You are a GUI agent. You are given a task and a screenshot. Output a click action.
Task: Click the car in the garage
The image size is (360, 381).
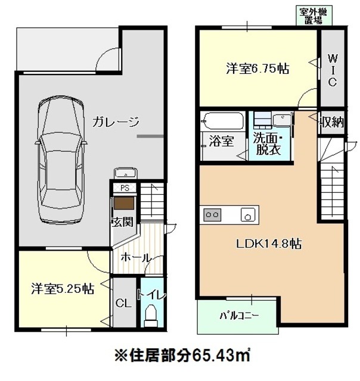pos(61,160)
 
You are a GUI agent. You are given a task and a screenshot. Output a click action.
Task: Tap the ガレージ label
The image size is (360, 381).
pos(116,121)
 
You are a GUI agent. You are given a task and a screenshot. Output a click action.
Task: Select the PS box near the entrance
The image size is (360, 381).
pos(125,188)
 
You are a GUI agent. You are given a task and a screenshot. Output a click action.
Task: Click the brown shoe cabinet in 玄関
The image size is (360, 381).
pos(124,203)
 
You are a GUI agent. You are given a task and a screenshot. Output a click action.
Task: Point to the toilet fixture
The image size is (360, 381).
pos(151,316)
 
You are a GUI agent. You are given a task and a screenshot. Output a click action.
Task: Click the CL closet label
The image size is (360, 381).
pos(123,303)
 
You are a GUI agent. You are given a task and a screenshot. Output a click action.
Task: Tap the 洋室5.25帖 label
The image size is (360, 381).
pos(63,289)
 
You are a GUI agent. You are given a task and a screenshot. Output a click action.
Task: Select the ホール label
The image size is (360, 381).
pos(136,257)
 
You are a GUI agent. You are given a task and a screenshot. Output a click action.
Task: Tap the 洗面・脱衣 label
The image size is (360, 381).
pos(268,143)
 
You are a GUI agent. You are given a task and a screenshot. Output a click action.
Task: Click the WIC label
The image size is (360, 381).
pos(332,70)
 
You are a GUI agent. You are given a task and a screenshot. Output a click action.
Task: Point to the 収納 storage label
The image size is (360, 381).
pos(332,121)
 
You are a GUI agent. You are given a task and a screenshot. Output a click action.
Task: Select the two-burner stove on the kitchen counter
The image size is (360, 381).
pos(212,215)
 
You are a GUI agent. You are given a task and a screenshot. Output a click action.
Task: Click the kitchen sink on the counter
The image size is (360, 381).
pos(248,215)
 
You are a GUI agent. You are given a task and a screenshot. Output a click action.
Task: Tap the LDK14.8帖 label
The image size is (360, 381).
pos(269,243)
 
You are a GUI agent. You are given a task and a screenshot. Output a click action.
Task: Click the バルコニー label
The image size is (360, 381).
pos(240,316)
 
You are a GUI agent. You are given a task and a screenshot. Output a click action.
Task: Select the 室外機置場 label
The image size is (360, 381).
pos(314,16)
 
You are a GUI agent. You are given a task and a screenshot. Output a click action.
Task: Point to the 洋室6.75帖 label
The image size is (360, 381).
pos(258,68)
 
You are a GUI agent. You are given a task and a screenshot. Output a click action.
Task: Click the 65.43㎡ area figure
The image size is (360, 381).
pos(221,356)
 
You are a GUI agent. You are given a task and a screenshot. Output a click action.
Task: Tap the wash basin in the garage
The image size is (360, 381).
pos(125,173)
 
